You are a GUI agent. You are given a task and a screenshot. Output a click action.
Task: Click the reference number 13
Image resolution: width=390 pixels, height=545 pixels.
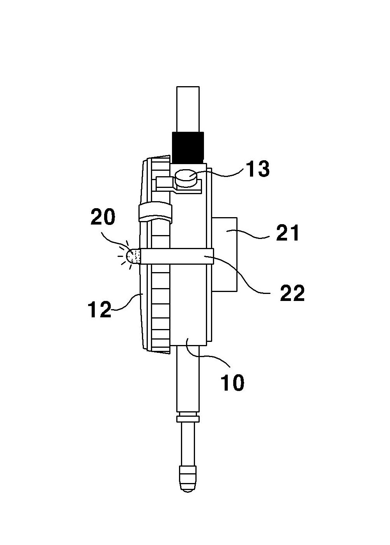click(x=258, y=169)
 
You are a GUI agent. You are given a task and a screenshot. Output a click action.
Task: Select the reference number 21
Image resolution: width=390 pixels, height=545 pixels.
click(x=287, y=233)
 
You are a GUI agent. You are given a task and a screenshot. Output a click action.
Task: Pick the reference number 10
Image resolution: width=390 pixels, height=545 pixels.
click(x=232, y=382)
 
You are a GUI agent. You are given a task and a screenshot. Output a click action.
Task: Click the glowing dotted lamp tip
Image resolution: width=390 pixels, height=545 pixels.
click(x=133, y=256)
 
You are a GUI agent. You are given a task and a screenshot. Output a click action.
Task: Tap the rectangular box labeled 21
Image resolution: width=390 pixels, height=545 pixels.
click(x=224, y=254)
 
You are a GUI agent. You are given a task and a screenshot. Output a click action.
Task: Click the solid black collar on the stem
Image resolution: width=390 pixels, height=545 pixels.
click(x=188, y=147)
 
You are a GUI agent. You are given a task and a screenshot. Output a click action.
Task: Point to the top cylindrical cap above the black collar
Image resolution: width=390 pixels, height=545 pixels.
click(x=188, y=110)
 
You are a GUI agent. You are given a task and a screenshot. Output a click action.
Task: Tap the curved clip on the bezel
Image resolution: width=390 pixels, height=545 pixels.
click(x=155, y=211)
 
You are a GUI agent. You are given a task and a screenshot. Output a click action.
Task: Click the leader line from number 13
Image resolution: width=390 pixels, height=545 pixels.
click(x=221, y=173)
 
